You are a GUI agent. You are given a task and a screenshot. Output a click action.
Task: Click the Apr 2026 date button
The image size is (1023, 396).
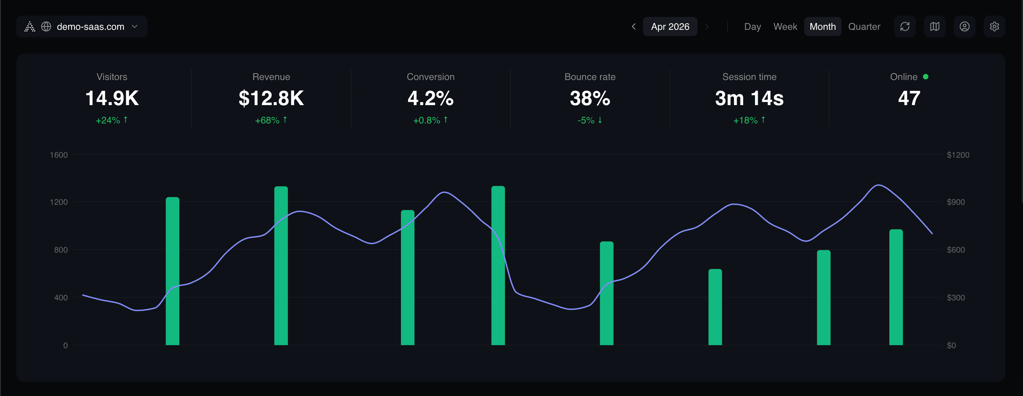click(x=670, y=26)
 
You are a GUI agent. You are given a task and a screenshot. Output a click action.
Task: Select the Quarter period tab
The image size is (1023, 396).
click(x=864, y=26)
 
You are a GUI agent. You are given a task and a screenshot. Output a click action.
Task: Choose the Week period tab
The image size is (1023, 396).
click(x=785, y=26)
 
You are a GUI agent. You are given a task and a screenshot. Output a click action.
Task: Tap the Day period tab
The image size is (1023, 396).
click(x=752, y=26)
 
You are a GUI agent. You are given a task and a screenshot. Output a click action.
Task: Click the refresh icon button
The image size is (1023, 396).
click(x=904, y=26)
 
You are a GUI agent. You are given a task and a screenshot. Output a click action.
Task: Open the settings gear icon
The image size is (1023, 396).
click(x=994, y=26)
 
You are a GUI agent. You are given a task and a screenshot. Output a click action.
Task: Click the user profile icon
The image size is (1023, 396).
click(x=964, y=26)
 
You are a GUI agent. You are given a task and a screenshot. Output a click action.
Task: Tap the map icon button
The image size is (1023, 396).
click(x=934, y=26)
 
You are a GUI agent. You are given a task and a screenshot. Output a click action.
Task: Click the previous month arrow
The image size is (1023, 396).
click(x=633, y=26)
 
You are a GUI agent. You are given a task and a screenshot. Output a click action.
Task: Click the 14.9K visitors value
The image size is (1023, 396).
click(x=112, y=98)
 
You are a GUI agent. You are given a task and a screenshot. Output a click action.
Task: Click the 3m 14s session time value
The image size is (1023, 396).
click(x=749, y=98)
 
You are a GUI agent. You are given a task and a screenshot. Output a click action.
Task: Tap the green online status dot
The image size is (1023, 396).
click(x=925, y=77)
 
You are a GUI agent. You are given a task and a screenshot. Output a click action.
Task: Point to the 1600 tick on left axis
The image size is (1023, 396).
click(x=59, y=155)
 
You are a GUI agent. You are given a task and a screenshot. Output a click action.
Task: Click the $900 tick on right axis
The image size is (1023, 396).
click(x=955, y=202)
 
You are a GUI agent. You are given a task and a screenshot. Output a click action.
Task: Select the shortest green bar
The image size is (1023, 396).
click(x=715, y=308)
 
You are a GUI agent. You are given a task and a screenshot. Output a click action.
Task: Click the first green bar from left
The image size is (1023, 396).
click(x=172, y=272)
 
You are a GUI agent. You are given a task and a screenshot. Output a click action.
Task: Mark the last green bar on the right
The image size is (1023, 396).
click(x=895, y=287)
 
